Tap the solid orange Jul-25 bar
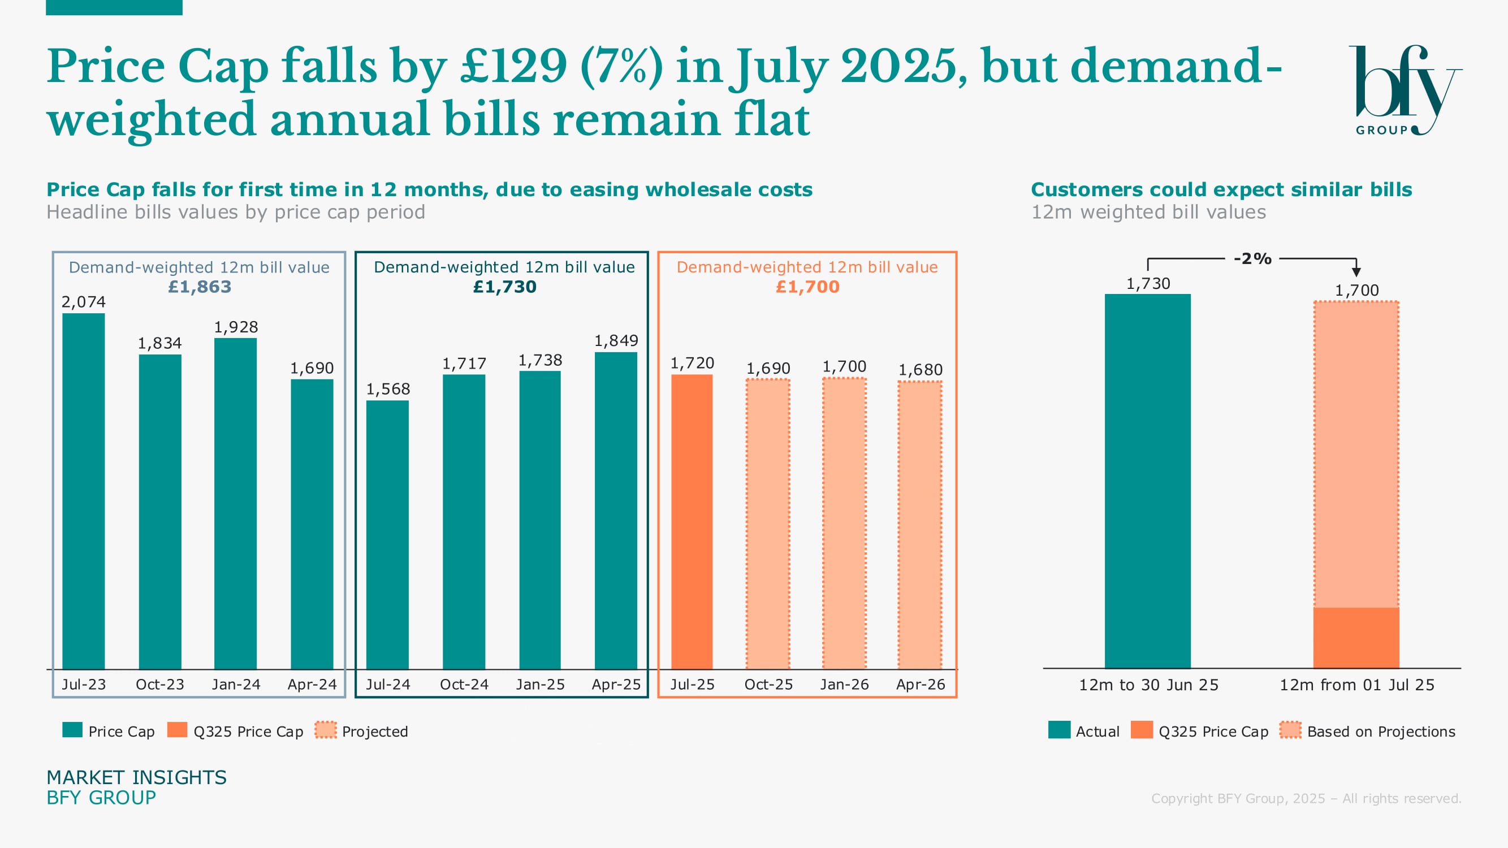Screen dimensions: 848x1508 point(692,521)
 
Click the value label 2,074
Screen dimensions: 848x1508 point(84,302)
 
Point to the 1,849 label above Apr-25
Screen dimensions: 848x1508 point(616,340)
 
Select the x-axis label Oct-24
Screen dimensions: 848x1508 point(464,684)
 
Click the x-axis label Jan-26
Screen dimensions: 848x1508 point(844,684)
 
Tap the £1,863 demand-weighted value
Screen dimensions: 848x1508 point(200,287)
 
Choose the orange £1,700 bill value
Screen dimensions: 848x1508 point(807,287)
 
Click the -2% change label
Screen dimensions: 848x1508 point(1252,259)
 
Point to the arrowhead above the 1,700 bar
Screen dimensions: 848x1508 point(1356,272)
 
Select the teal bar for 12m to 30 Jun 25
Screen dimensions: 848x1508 point(1147,480)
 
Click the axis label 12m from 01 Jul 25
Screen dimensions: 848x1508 point(1356,685)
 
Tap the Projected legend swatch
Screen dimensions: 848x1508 point(326,730)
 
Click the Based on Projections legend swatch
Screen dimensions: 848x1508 point(1290,730)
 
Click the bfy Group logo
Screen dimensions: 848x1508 point(1405,90)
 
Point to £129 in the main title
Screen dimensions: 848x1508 point(513,66)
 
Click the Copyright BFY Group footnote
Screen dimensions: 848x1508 point(1306,798)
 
